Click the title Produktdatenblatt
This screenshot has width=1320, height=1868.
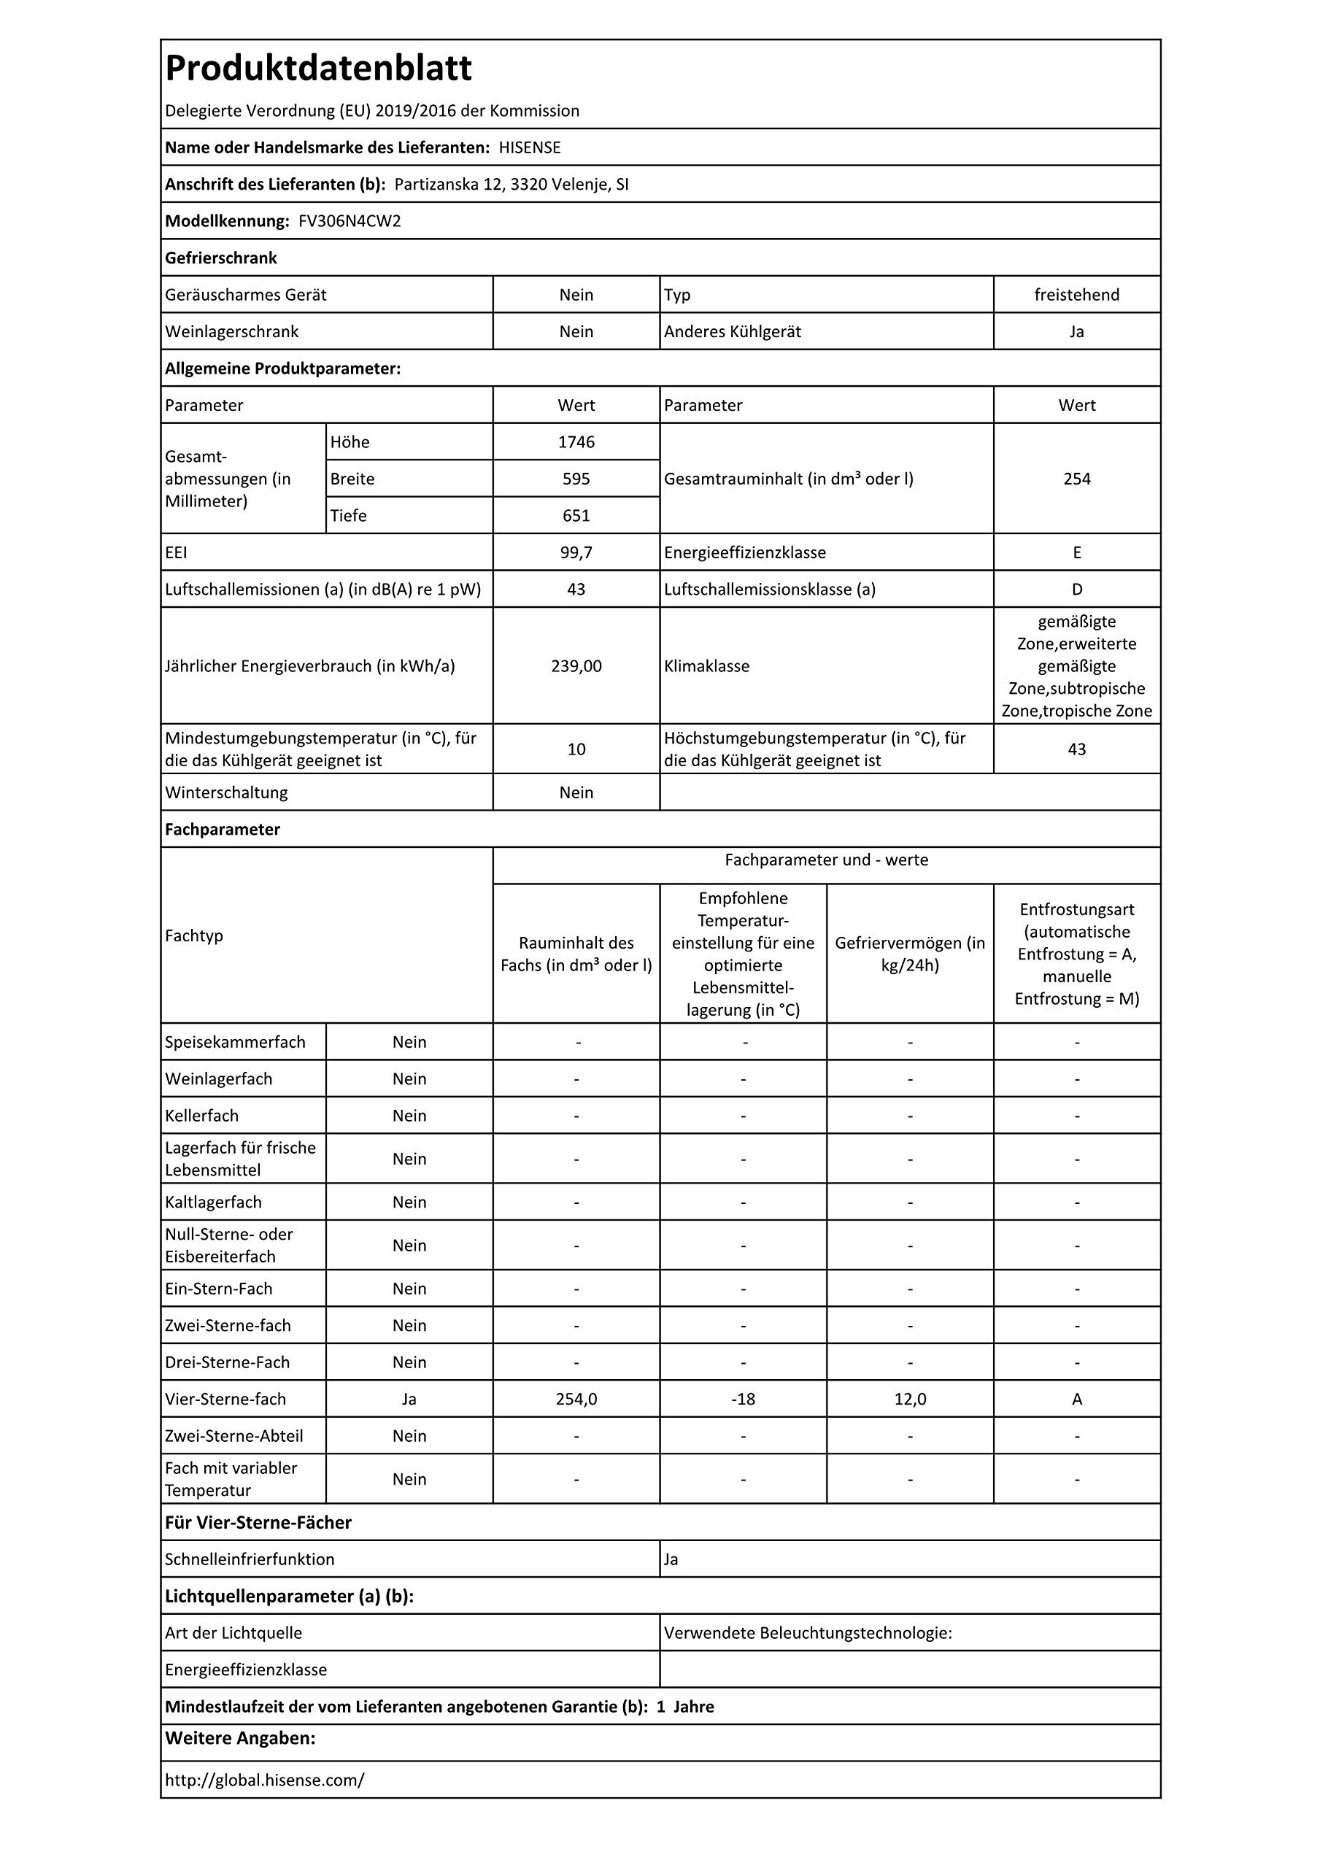pyautogui.click(x=318, y=69)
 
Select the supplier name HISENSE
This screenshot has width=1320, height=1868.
pyautogui.click(x=530, y=147)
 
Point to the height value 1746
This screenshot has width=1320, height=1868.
pyautogui.click(x=576, y=441)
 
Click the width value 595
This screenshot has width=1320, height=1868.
pyautogui.click(x=576, y=479)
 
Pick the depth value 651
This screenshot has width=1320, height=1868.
pyautogui.click(x=576, y=516)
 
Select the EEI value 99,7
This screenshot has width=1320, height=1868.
pyautogui.click(x=576, y=552)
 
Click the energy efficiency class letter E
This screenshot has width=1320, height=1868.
pyautogui.click(x=1077, y=552)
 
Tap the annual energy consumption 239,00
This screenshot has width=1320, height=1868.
pyautogui.click(x=576, y=666)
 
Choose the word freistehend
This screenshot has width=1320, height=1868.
pyautogui.click(x=1077, y=295)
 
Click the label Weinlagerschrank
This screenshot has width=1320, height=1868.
pyautogui.click(x=232, y=332)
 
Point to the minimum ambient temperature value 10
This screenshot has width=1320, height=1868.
pyautogui.click(x=576, y=749)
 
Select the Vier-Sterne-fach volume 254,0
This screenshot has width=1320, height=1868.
pyautogui.click(x=576, y=1400)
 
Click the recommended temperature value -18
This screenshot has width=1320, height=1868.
pyautogui.click(x=743, y=1400)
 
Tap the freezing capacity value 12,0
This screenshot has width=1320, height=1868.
pyautogui.click(x=910, y=1400)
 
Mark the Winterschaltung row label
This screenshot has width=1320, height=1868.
pyautogui.click(x=226, y=792)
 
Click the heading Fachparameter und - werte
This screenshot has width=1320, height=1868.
pyautogui.click(x=826, y=860)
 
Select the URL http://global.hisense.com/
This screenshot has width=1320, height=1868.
pyautogui.click(x=264, y=1780)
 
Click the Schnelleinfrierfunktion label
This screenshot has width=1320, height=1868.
pyautogui.click(x=250, y=1559)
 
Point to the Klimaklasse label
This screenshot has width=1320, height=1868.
pyautogui.click(x=706, y=666)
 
